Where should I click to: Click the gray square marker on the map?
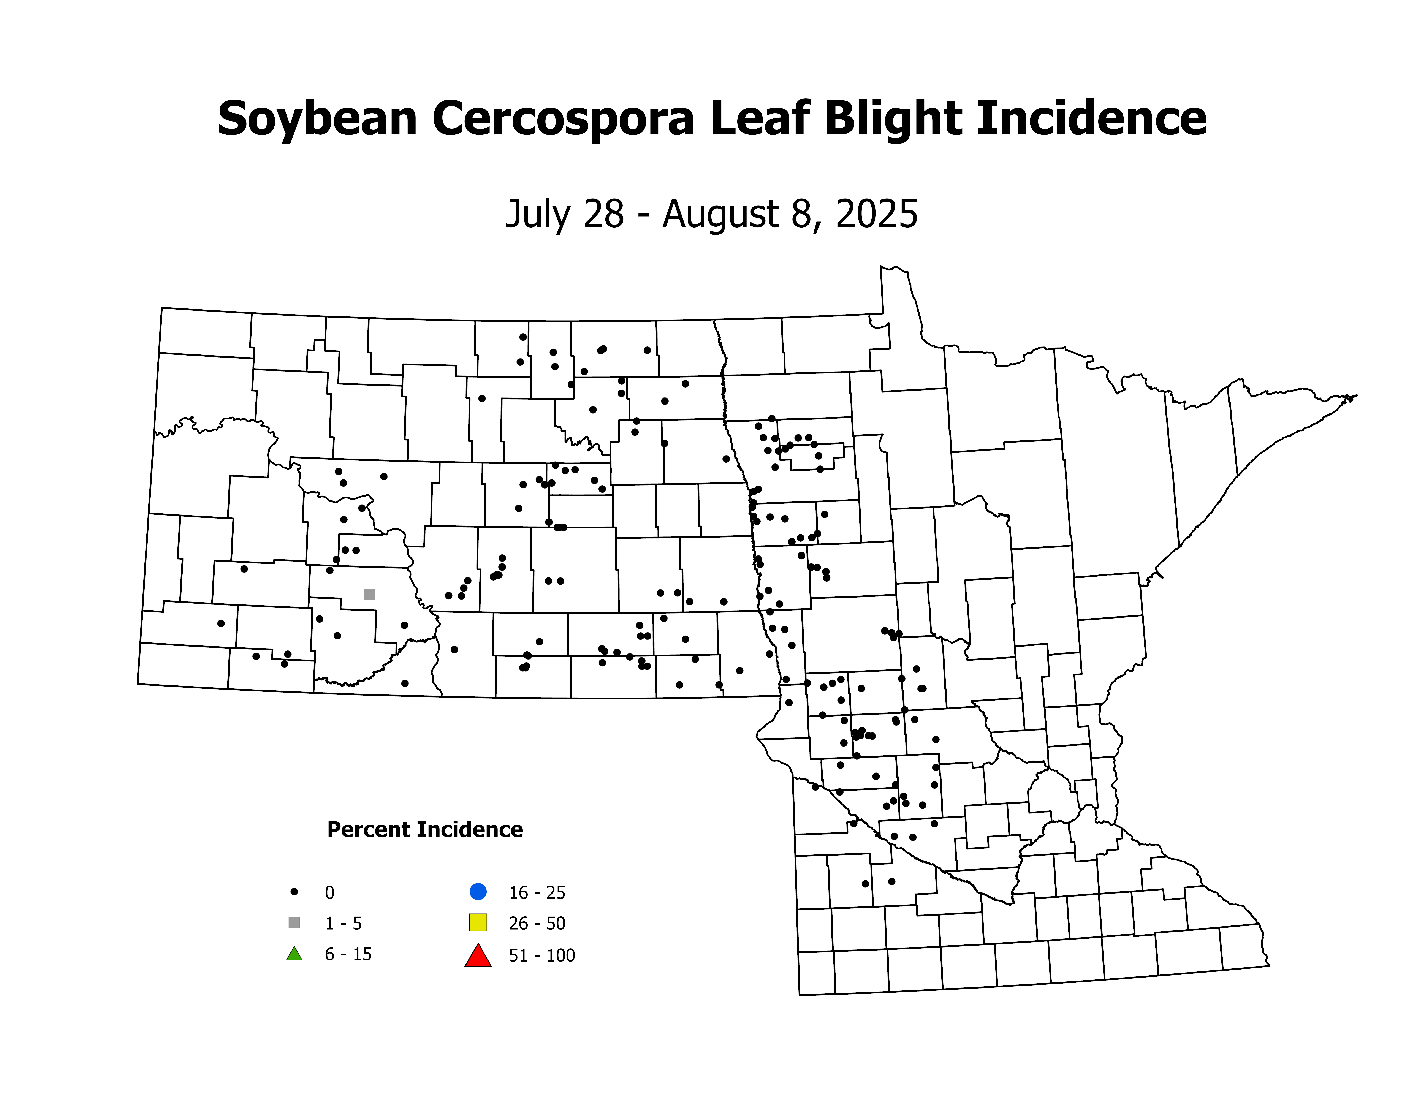point(369,594)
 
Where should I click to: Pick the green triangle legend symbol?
point(294,954)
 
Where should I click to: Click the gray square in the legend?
point(294,923)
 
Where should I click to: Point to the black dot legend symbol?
point(294,892)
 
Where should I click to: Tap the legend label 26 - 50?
point(537,924)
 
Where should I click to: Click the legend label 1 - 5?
point(343,924)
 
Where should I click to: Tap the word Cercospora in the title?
point(562,119)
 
